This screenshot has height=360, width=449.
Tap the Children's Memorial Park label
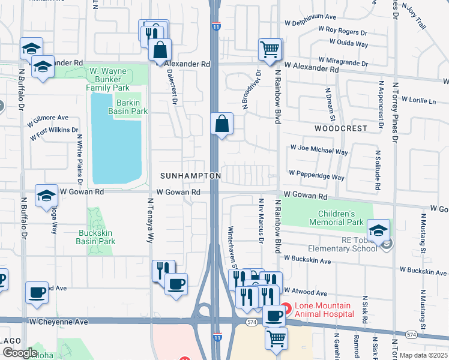(x=336, y=218)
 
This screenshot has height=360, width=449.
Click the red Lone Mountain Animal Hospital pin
(x=286, y=309)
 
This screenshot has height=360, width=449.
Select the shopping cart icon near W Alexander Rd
(x=270, y=49)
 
